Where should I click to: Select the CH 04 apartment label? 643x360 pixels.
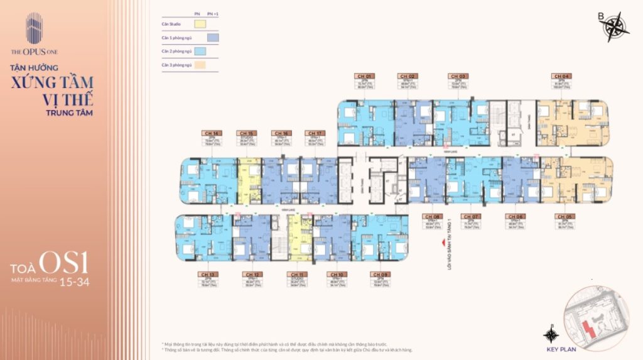560,76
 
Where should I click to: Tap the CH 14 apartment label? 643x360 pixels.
210,133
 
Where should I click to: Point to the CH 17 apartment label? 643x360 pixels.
314,133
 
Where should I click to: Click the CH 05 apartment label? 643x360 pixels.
560,216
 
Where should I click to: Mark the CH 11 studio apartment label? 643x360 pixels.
294,275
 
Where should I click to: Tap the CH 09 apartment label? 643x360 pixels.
379,275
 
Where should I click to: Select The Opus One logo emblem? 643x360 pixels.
34,28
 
